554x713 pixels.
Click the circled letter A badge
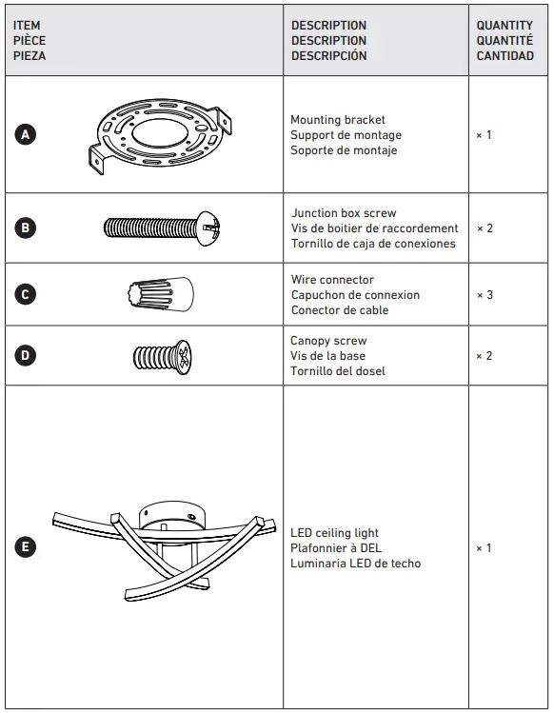(26, 135)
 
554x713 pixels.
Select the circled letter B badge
(26, 228)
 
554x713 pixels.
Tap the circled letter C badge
(26, 295)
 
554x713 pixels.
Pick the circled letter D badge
(26, 356)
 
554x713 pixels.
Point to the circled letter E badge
(26, 547)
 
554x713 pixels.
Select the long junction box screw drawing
(162, 228)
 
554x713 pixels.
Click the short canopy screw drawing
(162, 356)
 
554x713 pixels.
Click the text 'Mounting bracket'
(338, 120)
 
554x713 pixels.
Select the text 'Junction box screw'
(344, 213)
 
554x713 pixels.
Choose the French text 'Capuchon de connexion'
(355, 295)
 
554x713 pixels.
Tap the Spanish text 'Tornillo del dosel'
(338, 371)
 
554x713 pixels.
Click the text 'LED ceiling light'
(334, 533)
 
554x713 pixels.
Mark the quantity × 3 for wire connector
(485, 295)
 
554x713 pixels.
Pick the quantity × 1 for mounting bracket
(484, 135)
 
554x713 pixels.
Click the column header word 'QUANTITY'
(505, 26)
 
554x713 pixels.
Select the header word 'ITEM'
(27, 26)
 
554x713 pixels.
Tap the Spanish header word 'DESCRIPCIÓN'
(328, 56)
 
